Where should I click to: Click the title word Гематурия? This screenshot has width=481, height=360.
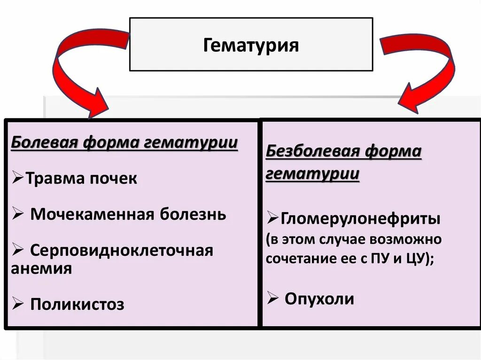coord(251,46)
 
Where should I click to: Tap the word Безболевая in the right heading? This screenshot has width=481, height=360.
coord(313,152)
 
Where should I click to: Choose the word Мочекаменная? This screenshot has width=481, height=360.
coord(93,214)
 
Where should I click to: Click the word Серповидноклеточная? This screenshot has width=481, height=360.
coord(122,250)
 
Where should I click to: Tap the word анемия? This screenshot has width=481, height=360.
coord(41,268)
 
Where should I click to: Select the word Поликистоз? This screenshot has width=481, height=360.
coord(78,305)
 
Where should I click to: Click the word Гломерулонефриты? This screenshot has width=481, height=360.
coord(361,218)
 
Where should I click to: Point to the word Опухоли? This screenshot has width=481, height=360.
coord(319,299)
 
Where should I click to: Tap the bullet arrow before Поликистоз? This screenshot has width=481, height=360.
coord(18,304)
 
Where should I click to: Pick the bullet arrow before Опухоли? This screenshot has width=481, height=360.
coord(273,298)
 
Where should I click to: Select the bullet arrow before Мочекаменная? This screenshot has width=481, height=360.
coord(18,214)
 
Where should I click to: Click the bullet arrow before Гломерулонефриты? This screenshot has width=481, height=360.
coord(273,218)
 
